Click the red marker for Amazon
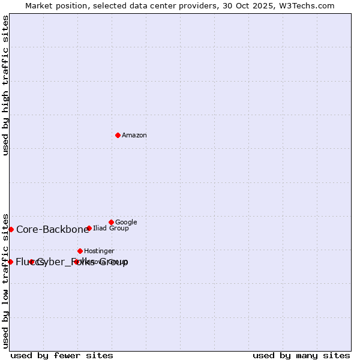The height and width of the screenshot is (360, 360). point(118,135)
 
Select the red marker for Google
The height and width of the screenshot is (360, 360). point(111,222)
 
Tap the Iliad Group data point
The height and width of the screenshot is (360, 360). point(89,228)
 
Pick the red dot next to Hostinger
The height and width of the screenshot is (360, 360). point(80,251)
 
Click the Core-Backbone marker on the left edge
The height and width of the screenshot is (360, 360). point(11,229)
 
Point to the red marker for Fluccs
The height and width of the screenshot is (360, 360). point(10,262)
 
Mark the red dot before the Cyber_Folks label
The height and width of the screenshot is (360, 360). point(31,262)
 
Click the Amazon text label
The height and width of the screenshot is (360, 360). point(134,135)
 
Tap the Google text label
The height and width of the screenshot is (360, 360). point(126,222)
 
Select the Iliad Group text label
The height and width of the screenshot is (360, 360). point(111,228)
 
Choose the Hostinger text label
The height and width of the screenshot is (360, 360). point(99,251)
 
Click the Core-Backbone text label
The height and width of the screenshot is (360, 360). point(53,229)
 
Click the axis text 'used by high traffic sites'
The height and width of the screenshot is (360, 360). point(5,85)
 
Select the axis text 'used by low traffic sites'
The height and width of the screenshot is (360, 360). point(5,280)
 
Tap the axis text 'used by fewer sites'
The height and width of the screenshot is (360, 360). point(62,355)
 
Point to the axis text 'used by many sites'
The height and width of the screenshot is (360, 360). point(301,355)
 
